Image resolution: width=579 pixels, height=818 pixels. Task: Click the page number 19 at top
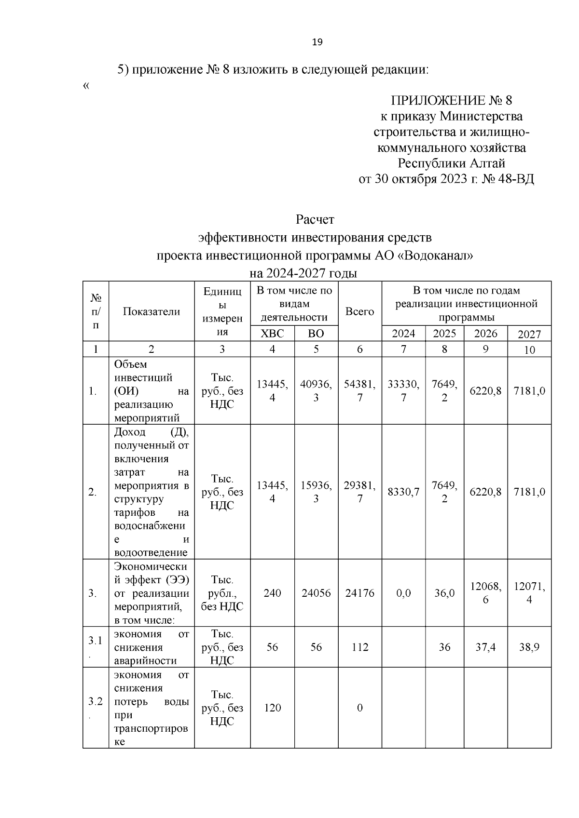tap(317, 42)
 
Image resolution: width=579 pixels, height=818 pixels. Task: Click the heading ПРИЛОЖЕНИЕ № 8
tap(451, 101)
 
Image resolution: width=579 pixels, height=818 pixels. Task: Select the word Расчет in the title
tap(315, 220)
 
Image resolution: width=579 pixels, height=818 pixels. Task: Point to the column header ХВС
tap(272, 334)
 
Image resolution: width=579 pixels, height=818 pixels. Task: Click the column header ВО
tap(316, 334)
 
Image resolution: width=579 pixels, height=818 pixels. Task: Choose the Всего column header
tap(359, 311)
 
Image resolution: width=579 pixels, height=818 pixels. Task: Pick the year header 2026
tap(485, 334)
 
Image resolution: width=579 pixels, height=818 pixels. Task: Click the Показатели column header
tap(151, 311)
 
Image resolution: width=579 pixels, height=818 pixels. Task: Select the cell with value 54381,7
tap(359, 390)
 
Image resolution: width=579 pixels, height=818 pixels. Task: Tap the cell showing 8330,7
tap(403, 492)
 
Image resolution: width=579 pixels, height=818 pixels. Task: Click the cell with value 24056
tap(316, 593)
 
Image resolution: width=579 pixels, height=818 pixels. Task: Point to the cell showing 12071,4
tap(529, 593)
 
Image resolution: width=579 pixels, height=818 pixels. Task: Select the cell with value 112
tap(359, 647)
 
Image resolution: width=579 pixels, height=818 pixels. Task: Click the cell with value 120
tap(272, 708)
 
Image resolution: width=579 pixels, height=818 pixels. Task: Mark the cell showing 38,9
tap(529, 647)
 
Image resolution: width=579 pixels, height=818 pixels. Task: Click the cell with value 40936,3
tap(316, 390)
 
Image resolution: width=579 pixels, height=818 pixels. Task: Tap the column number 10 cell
tap(529, 350)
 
